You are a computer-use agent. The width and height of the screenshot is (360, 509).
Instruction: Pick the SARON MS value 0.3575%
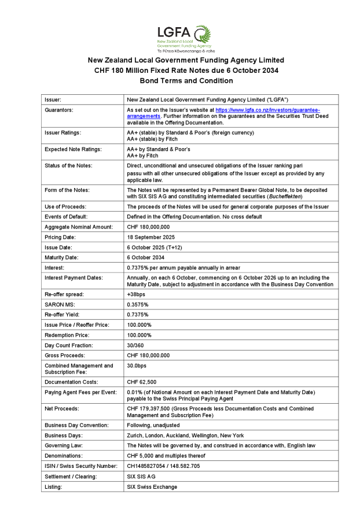[139, 305]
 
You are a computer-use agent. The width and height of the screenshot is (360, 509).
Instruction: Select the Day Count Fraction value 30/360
[135, 345]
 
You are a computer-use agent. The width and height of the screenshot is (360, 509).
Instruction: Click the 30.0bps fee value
[137, 366]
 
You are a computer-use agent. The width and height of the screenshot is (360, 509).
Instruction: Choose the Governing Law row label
[64, 445]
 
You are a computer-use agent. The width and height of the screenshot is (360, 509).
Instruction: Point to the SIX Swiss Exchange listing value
[152, 487]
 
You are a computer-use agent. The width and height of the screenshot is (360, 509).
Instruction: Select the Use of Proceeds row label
[65, 206]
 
